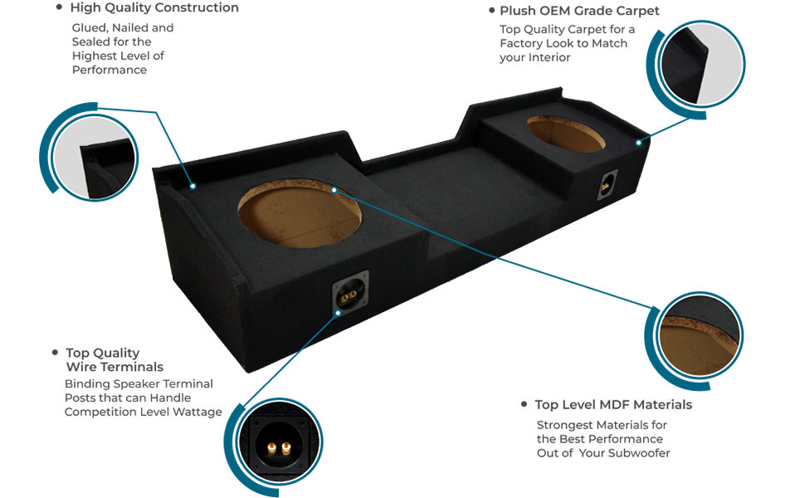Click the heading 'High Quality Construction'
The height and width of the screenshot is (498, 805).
(154, 7)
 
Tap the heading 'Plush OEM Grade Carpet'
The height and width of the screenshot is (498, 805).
(579, 11)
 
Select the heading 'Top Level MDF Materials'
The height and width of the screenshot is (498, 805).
(613, 404)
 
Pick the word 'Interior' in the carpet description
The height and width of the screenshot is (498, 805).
(549, 57)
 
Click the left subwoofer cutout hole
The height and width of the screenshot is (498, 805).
(300, 213)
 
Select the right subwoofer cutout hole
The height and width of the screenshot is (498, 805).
(565, 134)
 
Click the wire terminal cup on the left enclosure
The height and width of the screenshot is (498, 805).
(350, 293)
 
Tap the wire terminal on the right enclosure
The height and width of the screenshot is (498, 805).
(607, 184)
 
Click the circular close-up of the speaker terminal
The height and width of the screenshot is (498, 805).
(280, 442)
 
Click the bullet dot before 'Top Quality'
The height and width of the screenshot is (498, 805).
(55, 352)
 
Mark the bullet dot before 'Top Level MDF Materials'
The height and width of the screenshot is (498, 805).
(524, 404)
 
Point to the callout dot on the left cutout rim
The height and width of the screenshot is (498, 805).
(334, 190)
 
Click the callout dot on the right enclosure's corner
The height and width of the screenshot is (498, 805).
(639, 143)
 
